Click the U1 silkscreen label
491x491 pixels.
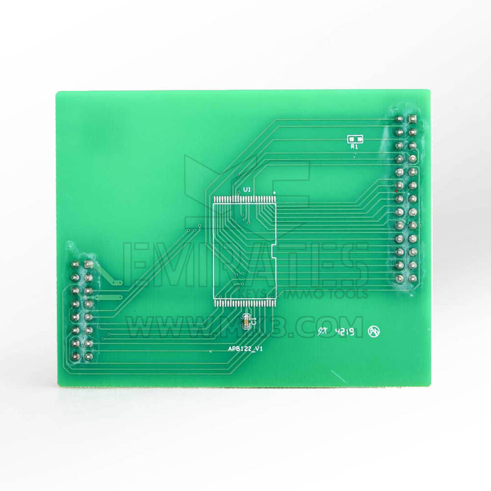[x=247, y=189]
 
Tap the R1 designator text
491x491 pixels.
[x=354, y=146]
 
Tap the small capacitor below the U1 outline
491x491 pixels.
[x=246, y=322]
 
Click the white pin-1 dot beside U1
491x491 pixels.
[x=274, y=192]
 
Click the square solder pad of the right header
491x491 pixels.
[x=412, y=119]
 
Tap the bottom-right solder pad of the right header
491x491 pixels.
[x=412, y=278]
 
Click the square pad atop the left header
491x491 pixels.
[x=88, y=265]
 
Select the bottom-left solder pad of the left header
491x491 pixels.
[x=76, y=356]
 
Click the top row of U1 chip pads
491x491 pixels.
[x=244, y=198]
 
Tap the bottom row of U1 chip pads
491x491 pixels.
[x=244, y=302]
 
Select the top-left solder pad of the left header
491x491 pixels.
[x=76, y=265]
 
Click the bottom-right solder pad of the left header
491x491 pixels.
[x=89, y=356]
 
